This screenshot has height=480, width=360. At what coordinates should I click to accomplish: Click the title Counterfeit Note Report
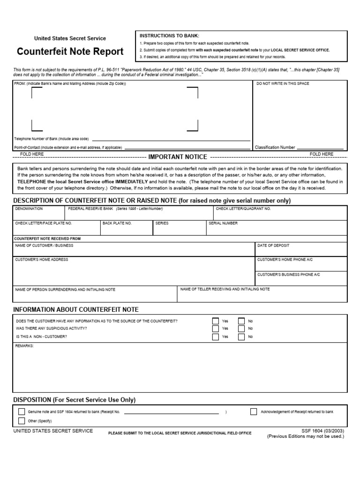point(70,52)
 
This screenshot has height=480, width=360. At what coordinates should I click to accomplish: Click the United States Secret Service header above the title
point(70,38)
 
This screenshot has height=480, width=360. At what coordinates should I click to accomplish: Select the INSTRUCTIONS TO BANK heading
point(169,36)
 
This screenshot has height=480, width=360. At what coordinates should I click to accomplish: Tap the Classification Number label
point(275,147)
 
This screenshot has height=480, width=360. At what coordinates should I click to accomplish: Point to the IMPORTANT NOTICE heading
point(178,157)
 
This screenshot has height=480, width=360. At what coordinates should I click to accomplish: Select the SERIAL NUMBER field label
point(223,223)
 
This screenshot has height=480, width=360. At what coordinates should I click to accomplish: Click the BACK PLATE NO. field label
point(117,223)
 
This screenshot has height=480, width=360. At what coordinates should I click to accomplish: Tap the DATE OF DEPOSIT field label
point(273,245)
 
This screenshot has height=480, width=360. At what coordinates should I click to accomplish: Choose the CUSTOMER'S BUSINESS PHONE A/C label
point(288,274)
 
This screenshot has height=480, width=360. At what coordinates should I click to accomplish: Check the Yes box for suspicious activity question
point(216,329)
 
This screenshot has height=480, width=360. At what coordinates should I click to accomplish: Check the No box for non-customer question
point(241,337)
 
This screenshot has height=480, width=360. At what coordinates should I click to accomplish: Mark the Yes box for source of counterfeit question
point(216,321)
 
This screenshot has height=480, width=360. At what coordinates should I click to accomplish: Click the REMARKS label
point(24,346)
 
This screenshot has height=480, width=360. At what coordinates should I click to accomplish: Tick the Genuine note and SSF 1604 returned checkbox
point(22,412)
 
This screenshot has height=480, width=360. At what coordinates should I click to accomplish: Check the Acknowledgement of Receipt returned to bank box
point(254,412)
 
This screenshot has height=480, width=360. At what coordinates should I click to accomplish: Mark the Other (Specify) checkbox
point(22,421)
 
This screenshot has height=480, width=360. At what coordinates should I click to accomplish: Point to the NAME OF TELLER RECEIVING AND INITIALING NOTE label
point(225,289)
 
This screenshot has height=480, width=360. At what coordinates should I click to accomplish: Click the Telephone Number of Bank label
point(52,139)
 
